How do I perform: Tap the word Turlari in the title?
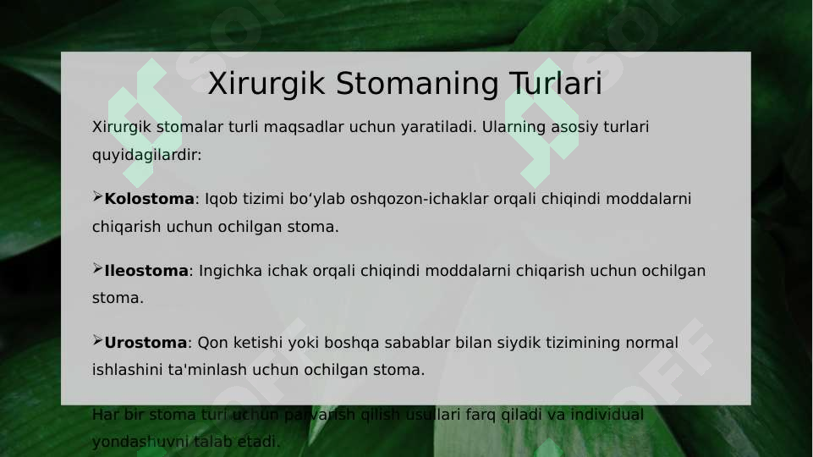(x=555, y=85)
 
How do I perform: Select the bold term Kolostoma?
(x=149, y=199)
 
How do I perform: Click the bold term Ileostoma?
(x=146, y=271)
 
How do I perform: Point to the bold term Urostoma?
(x=146, y=343)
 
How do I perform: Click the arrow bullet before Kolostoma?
(x=97, y=198)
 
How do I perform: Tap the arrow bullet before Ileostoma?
(x=97, y=270)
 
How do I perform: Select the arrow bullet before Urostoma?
(x=97, y=342)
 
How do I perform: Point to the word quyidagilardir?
(x=146, y=156)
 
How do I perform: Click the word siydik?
(x=503, y=343)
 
